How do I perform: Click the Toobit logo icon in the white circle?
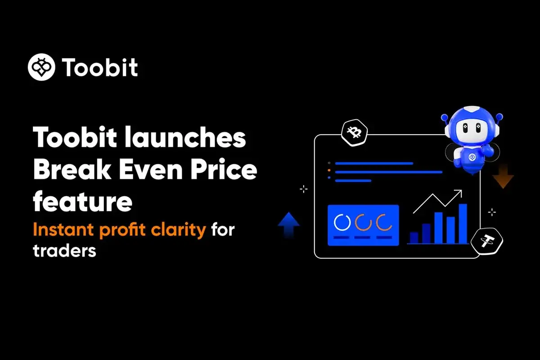42,67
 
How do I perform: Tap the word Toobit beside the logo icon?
100,67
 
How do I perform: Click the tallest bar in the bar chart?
463,224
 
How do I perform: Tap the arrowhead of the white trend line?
459,193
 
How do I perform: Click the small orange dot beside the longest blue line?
329,171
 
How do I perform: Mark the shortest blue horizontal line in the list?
353,180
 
